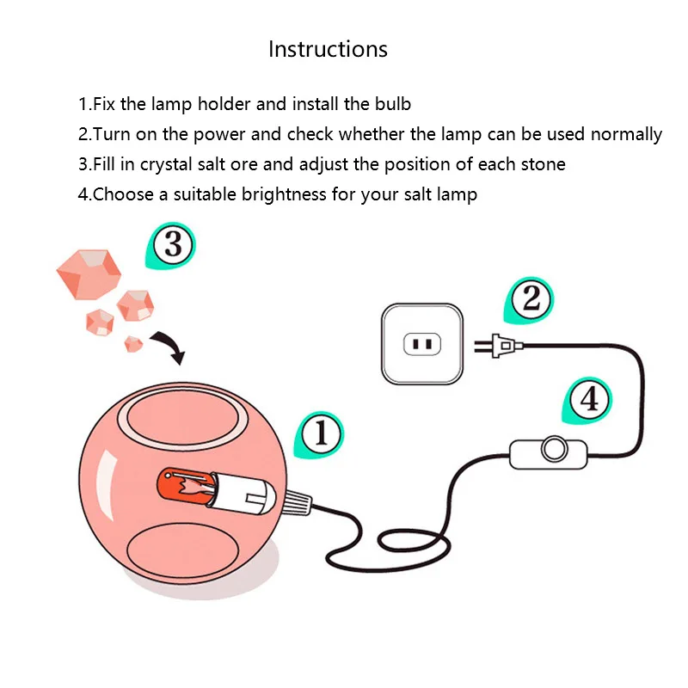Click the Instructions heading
pos(329,49)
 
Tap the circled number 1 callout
pos(320,434)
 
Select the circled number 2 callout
pos(530,299)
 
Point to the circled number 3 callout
pos(171,245)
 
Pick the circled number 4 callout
pos(588,400)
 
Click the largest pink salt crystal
pos(89,274)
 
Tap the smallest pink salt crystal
pos(133,344)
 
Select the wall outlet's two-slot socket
pos(422,344)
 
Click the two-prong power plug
pos(499,346)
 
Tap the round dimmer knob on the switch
pos(555,449)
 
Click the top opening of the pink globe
pos(183,418)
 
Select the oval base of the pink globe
pos(183,550)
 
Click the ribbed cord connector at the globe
pos(298,503)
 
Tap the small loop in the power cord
pos(414,541)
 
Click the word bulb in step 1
pos(393,104)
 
